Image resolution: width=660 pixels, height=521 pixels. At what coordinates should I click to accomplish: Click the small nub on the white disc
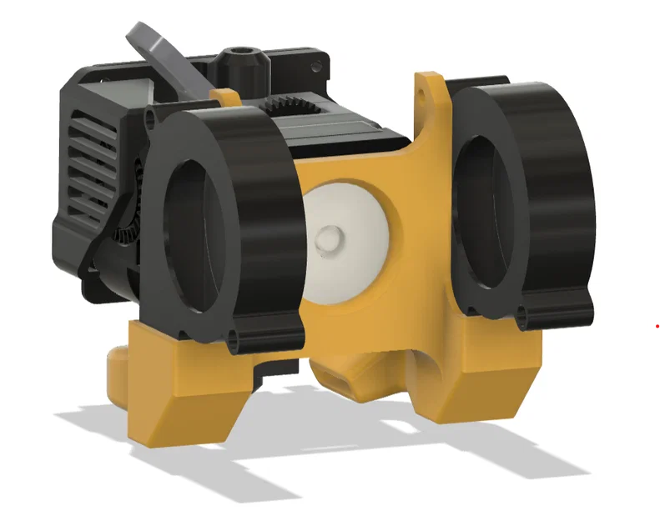tap(327, 238)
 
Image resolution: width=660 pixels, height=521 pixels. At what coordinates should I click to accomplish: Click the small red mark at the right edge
tap(656, 325)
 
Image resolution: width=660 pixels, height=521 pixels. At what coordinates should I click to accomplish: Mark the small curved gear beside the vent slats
tap(124, 229)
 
